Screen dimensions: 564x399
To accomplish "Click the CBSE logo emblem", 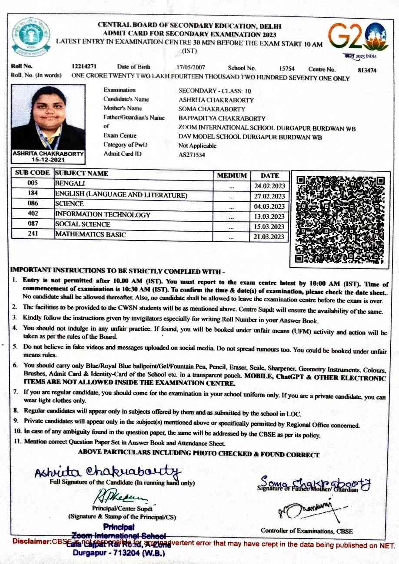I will [x=31, y=38].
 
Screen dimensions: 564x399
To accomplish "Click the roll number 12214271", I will [x=84, y=67].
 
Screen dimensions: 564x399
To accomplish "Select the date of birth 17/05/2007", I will [x=191, y=67].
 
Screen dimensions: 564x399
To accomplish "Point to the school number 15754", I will [x=286, y=69].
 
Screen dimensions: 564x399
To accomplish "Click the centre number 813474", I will [x=367, y=70].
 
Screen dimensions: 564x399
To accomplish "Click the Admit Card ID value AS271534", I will [x=192, y=155].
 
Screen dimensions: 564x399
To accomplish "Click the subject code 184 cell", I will [x=33, y=193].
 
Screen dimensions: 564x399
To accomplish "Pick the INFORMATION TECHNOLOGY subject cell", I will [x=103, y=214].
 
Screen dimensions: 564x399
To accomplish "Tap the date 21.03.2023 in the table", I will [x=269, y=237].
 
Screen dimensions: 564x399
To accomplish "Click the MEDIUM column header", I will [x=232, y=176].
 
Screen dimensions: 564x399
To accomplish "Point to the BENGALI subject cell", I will [x=70, y=184].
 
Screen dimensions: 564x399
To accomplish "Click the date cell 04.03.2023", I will [x=269, y=207].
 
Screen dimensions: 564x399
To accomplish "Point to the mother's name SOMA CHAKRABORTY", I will [x=212, y=109].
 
